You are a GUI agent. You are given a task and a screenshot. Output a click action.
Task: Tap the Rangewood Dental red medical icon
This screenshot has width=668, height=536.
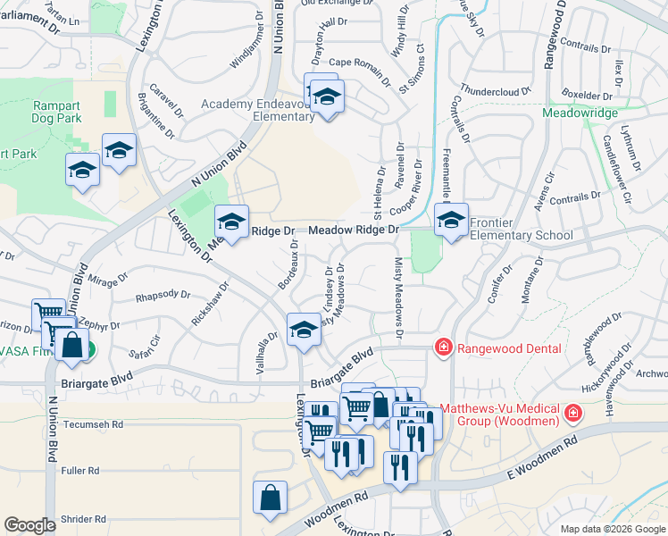tap(442, 348)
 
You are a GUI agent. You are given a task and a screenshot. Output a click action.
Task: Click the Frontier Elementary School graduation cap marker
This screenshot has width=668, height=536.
tap(451, 220)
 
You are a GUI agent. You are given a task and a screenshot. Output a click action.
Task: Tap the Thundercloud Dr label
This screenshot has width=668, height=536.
tap(496, 90)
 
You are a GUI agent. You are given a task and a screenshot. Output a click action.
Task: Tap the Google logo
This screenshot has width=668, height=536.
tap(29, 525)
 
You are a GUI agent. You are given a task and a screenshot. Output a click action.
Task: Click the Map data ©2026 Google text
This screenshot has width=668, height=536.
tap(612, 529)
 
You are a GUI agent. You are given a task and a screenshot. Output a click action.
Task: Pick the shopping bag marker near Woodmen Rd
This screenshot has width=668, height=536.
tap(270, 498)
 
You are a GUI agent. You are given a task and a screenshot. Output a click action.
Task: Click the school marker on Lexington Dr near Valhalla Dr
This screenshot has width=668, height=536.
tap(303, 329)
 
